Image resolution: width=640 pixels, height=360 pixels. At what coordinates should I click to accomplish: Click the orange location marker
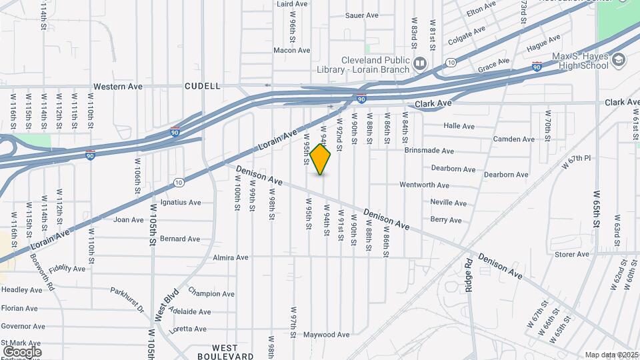tap(321, 159)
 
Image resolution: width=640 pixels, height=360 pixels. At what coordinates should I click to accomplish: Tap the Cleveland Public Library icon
tap(420, 64)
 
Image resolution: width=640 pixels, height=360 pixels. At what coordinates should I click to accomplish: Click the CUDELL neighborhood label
tap(202, 86)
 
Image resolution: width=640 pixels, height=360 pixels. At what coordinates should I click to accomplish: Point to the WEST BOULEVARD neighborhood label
tap(233, 352)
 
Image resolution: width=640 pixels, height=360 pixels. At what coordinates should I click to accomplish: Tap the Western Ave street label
tap(118, 87)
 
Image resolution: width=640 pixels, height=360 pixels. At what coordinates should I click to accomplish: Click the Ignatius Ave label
tap(180, 203)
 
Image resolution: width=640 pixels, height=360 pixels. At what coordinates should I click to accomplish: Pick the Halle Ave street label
tap(459, 126)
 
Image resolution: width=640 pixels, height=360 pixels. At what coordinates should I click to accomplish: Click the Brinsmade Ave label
tap(429, 151)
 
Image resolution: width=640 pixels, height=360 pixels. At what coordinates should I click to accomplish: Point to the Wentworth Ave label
tap(425, 185)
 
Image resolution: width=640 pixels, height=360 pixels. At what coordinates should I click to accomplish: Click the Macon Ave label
tap(292, 50)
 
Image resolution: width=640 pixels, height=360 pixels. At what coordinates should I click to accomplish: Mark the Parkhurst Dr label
tap(127, 300)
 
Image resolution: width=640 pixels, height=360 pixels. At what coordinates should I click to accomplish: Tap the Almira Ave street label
tap(230, 257)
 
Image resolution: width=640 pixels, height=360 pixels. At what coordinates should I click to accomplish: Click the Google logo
tap(22, 351)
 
